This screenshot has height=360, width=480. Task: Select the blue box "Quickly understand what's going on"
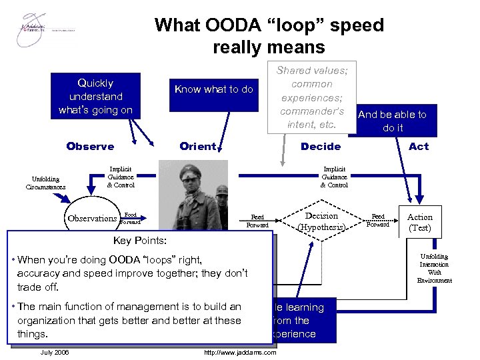tap(95, 97)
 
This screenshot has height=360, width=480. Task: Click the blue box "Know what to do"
tap(213, 89)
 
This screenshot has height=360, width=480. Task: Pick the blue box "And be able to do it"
tap(393, 121)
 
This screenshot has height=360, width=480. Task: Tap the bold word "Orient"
tap(198, 147)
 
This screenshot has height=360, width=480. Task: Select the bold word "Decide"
tap(321, 147)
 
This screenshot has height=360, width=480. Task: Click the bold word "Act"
tap(419, 147)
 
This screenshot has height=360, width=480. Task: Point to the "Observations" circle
tap(92, 219)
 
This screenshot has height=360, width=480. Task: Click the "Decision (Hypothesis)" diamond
tap(321, 221)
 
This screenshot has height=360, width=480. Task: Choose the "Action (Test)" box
tap(419, 222)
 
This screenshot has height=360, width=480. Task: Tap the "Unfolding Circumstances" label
tap(46, 183)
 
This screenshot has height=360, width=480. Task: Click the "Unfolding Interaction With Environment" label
tap(434, 269)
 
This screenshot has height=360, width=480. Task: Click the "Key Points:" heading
tap(140, 240)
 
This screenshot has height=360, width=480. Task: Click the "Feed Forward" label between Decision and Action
tap(378, 220)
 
